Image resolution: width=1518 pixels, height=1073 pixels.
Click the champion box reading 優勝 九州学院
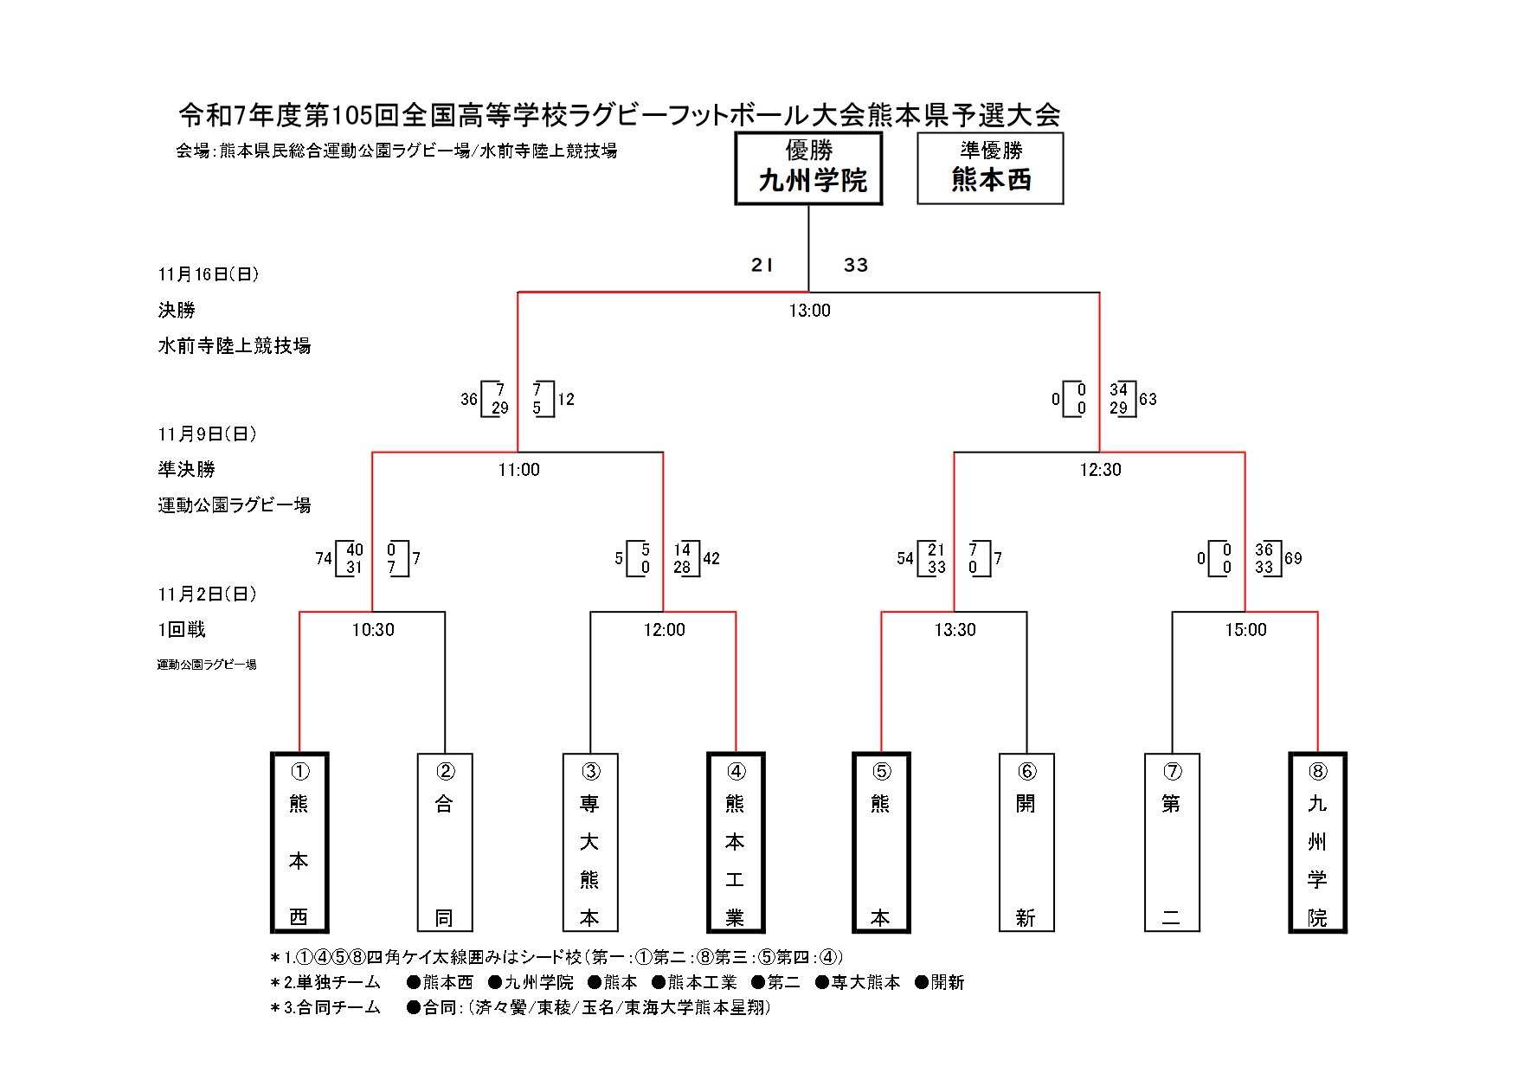(808, 168)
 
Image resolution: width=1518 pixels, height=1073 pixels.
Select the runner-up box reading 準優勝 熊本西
(990, 168)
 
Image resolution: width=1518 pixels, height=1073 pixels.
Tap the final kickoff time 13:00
(809, 311)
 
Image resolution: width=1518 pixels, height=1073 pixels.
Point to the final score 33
(856, 266)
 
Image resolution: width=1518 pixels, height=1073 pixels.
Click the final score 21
(762, 266)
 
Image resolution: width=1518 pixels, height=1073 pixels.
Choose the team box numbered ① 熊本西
(299, 842)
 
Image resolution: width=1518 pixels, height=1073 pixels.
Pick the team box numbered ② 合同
(445, 842)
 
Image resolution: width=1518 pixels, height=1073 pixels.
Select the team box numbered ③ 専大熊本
(590, 842)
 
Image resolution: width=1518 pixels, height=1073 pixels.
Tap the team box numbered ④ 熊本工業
(736, 842)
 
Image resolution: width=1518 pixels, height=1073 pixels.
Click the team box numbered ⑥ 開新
(1026, 842)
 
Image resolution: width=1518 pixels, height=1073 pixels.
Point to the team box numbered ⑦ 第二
(1172, 842)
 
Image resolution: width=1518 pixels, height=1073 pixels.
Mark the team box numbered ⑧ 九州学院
(1317, 842)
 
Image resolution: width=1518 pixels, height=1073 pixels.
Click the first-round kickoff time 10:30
(373, 630)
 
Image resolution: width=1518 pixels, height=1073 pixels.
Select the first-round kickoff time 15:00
(1245, 630)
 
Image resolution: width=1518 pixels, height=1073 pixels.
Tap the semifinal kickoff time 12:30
(1100, 470)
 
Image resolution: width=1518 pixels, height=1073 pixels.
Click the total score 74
(324, 559)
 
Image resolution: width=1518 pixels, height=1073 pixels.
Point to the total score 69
(1293, 559)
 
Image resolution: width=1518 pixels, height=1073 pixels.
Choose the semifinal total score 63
(1148, 400)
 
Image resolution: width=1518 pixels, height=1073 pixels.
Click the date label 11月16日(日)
(209, 274)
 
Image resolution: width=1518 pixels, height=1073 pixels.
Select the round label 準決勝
(186, 470)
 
